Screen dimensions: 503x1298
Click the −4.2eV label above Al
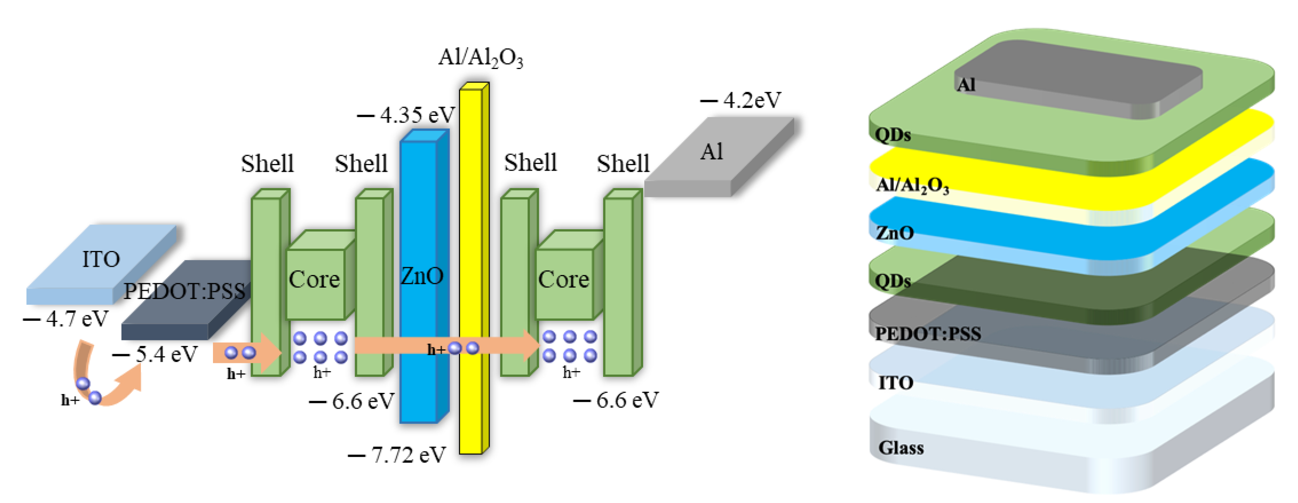pos(741,100)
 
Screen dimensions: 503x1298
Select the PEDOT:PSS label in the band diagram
pos(184,291)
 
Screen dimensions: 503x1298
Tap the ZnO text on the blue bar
pos(421,275)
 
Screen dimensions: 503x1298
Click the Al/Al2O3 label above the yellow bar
pos(480,58)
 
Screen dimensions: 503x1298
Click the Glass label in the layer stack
pos(900,448)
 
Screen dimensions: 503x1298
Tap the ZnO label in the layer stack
pos(895,233)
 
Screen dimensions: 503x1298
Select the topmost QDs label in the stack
pos(892,135)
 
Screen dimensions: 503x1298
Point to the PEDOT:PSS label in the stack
pos(928,333)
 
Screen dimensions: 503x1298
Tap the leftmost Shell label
pos(267,163)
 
